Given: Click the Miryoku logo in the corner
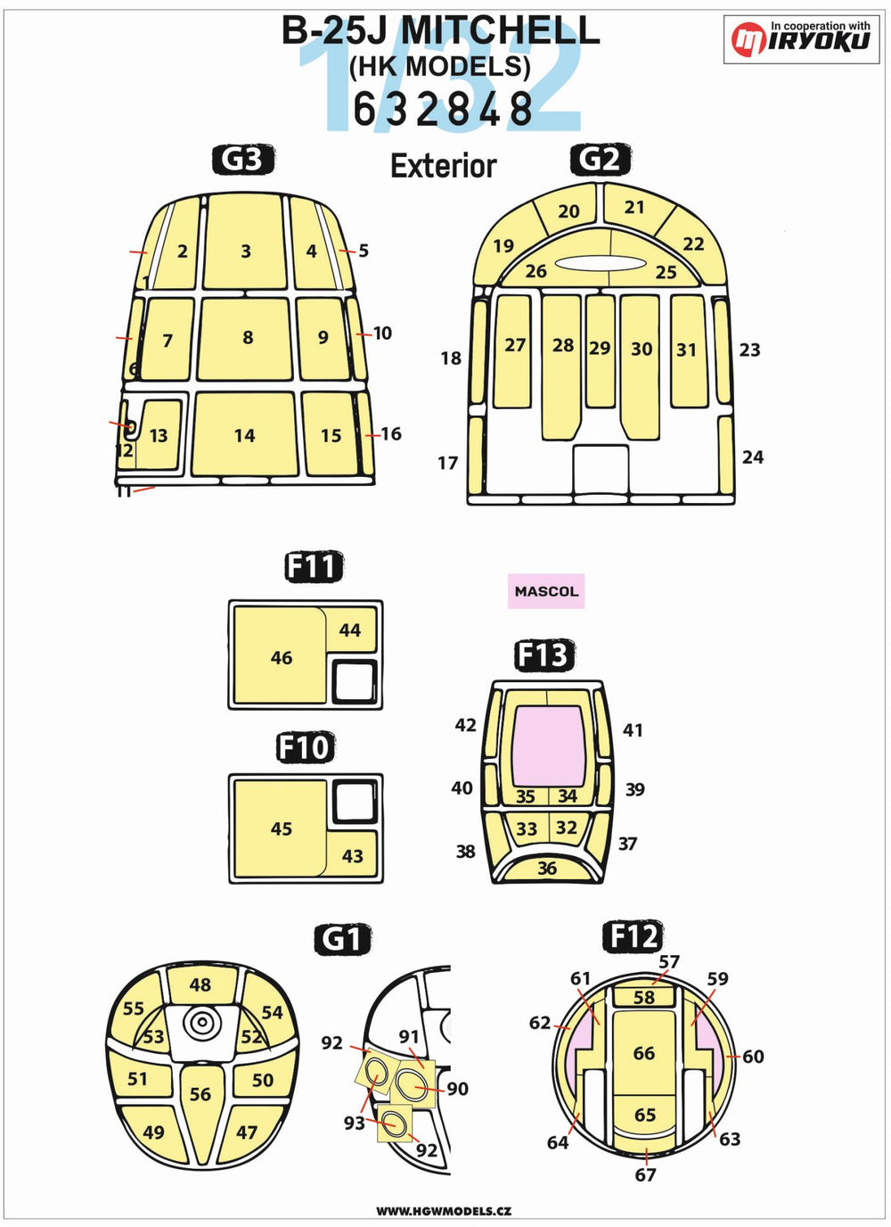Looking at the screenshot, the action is pos(801,39).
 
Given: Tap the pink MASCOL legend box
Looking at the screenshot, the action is pos(546,591).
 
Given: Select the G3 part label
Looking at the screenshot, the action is pos(243,160).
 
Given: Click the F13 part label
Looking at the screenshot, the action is pos(544,655).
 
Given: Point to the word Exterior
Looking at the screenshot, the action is pos(444,166).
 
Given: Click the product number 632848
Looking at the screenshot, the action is pos(444,109).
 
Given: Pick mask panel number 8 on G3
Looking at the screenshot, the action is pos(245,339).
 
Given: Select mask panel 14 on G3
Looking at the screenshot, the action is pos(245,434).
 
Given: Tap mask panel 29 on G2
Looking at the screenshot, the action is pos(600,351).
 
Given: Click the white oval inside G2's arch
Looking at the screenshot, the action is pos(600,263).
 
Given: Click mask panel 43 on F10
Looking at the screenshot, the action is pos(352,854).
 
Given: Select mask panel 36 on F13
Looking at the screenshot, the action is pos(547,867).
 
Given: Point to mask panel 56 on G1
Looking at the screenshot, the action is pos(200,1097).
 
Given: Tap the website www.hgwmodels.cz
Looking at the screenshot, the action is pos(444,1211).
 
